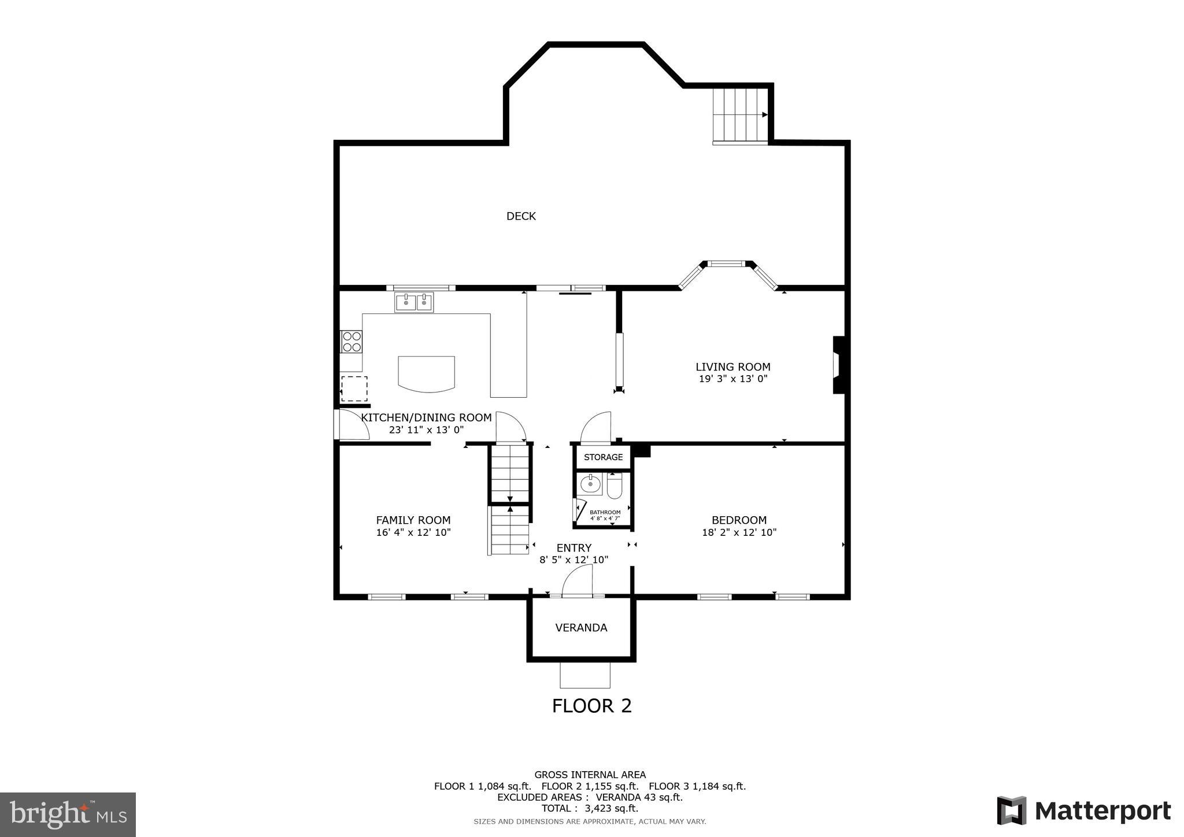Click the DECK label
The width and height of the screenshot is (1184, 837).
point(521,216)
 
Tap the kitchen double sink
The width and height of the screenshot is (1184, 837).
point(414,302)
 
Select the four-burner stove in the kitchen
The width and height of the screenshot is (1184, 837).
point(351,342)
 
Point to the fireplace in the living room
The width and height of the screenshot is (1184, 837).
point(838,365)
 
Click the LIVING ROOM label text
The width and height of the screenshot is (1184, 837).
point(732,367)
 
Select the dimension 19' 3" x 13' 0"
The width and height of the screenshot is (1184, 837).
point(732,379)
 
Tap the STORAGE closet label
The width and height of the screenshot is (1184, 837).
point(603,457)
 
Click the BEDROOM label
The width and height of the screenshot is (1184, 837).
point(739,520)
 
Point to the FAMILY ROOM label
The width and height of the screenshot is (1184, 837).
point(413,520)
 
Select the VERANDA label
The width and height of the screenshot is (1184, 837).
point(581,628)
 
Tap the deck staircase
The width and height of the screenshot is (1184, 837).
point(739,114)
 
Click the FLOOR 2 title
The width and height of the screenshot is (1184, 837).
point(591,706)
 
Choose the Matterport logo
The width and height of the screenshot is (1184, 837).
point(1083,811)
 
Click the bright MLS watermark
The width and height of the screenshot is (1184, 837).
point(68,815)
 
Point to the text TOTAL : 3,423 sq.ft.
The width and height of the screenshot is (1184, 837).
point(590,809)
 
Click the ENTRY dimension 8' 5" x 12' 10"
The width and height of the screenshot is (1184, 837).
point(573,560)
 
